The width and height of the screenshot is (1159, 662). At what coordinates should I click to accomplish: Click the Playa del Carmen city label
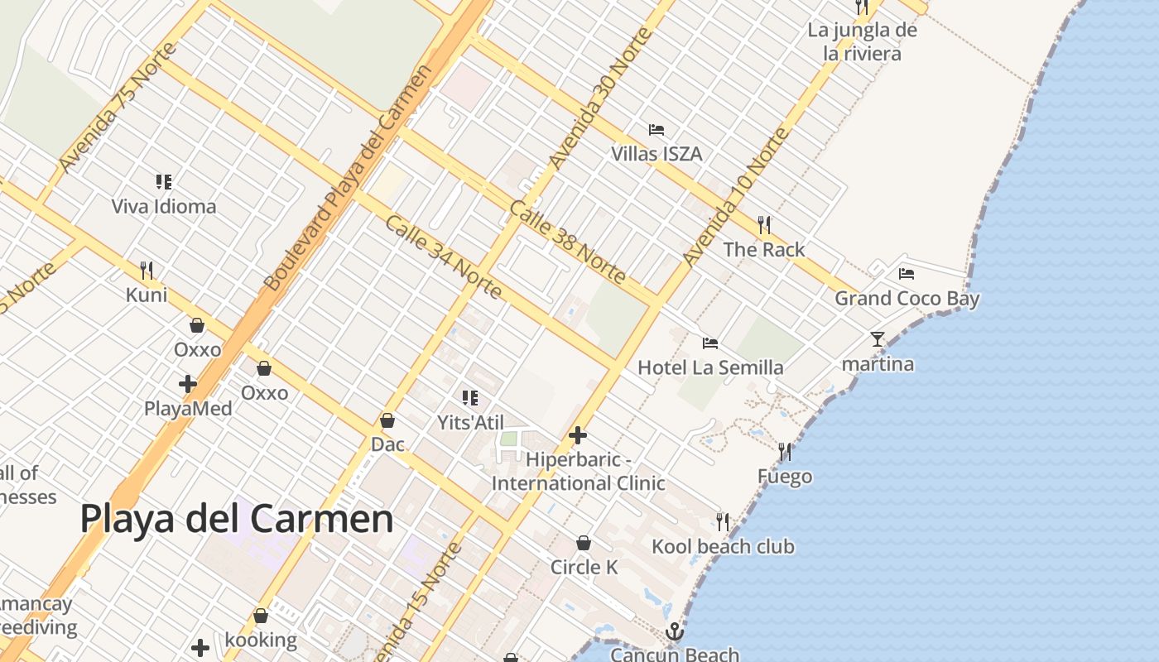[x=237, y=520]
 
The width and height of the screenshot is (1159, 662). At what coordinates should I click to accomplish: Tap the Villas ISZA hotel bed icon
[x=656, y=130]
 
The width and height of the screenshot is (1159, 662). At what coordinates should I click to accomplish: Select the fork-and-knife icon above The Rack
[x=764, y=224]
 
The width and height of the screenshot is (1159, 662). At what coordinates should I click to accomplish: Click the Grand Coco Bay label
[x=907, y=299]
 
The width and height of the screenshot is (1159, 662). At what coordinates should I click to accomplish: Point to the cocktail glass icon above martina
[x=878, y=339]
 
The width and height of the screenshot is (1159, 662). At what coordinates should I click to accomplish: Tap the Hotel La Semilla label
[x=710, y=367]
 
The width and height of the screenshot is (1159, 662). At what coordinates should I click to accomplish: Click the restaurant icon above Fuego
[x=785, y=452]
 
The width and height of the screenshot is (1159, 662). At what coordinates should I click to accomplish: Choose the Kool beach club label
[x=723, y=546]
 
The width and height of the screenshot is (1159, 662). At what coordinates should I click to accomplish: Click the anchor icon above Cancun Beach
[x=676, y=632]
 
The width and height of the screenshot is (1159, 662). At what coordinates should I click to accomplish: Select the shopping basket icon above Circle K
[x=584, y=543]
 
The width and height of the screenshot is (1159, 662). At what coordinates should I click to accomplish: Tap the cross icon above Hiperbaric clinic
[x=578, y=435]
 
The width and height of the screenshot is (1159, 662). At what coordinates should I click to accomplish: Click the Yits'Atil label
[x=470, y=423]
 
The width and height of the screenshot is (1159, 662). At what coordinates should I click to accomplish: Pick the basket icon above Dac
[x=387, y=420]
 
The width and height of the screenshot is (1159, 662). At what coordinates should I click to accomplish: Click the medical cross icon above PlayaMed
[x=188, y=384]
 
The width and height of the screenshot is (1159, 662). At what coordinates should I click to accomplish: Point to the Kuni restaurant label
[x=147, y=295]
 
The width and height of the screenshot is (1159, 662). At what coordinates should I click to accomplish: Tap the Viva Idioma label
[x=164, y=206]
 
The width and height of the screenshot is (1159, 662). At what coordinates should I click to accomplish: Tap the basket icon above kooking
[x=261, y=616]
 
